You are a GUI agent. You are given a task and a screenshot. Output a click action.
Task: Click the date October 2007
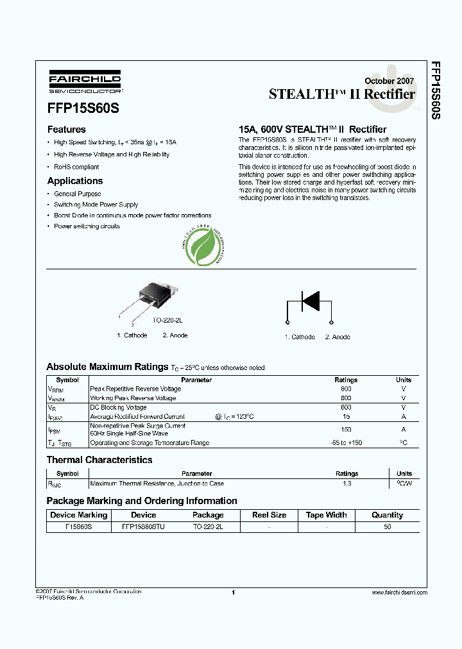pyautogui.click(x=389, y=81)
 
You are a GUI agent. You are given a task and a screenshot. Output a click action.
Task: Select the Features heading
pyautogui.click(x=67, y=129)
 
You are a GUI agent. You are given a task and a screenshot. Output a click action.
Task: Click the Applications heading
pyautogui.click(x=75, y=181)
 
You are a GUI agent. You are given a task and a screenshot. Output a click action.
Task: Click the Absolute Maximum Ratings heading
pyautogui.click(x=107, y=367)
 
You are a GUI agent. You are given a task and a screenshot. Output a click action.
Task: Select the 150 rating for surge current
pyautogui.click(x=346, y=430)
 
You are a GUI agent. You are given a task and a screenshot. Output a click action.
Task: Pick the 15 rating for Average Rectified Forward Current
pyautogui.click(x=346, y=416)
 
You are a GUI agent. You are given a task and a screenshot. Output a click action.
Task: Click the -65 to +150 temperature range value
pyautogui.click(x=346, y=443)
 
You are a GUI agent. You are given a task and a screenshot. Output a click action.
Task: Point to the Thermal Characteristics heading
pyautogui.click(x=99, y=460)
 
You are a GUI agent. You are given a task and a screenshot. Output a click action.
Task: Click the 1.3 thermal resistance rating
pyautogui.click(x=346, y=484)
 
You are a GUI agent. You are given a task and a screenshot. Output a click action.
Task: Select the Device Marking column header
pyautogui.click(x=79, y=515)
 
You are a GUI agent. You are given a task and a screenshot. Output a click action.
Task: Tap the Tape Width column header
pyautogui.click(x=326, y=515)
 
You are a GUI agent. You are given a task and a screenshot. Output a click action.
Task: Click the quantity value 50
pyautogui.click(x=387, y=527)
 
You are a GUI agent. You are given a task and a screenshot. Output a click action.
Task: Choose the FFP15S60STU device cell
pyautogui.click(x=143, y=527)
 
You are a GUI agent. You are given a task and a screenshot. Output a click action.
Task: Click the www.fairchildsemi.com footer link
pyautogui.click(x=399, y=593)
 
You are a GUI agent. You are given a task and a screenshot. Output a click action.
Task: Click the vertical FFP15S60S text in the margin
pyautogui.click(x=436, y=90)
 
